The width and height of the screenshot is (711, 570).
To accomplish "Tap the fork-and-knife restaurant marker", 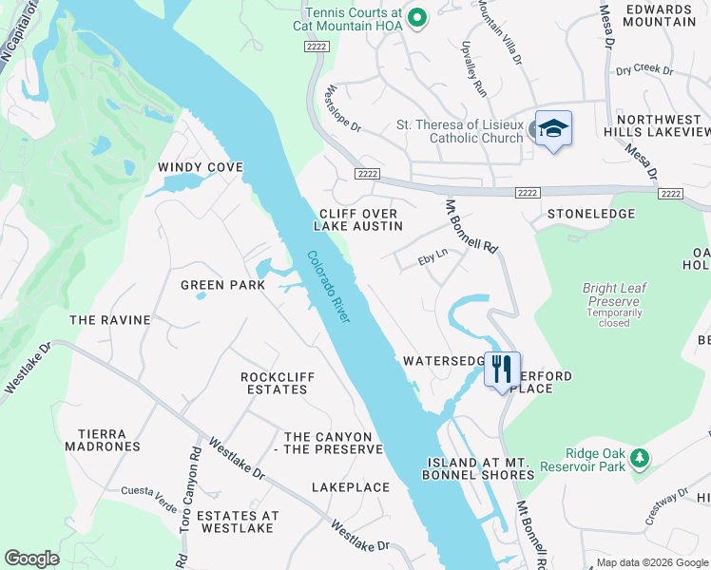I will coord(502,369).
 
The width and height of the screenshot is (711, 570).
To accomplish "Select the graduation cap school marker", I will coord(553,128).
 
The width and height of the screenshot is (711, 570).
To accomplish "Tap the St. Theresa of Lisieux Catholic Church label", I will coord(459,131).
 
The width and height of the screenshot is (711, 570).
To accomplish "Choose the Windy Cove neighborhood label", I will coord(201,167).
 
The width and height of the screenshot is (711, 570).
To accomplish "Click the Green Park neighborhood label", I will coord(223,285).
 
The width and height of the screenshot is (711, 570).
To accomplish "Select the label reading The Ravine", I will coord(110,320).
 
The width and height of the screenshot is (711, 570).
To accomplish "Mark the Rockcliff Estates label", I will coord(278,383).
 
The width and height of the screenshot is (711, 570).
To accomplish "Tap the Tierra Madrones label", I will coord(102,440).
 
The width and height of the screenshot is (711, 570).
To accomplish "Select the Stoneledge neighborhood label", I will coord(590,214).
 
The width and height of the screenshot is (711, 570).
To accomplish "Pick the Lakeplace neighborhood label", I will coord(351,487).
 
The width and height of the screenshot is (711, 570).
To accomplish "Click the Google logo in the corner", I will coord(31,559).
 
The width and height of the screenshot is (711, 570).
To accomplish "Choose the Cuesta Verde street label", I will coord(143,491).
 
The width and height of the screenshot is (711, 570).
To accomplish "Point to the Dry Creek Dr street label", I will coord(644,70).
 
